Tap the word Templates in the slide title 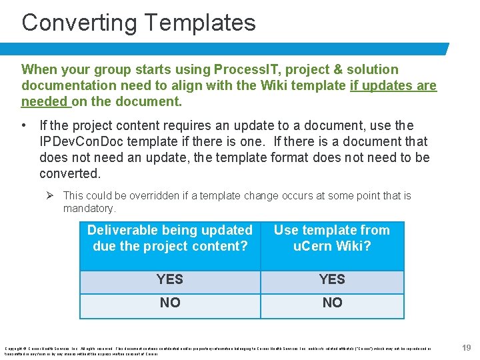199,23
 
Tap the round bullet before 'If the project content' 24,125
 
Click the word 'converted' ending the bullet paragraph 69,173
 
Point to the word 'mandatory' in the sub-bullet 89,209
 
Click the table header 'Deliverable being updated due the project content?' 170,238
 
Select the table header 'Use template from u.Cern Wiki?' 332,238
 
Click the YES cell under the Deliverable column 170,279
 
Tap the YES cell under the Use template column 332,279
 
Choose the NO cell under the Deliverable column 170,303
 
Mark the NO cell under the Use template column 332,303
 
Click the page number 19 467,347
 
